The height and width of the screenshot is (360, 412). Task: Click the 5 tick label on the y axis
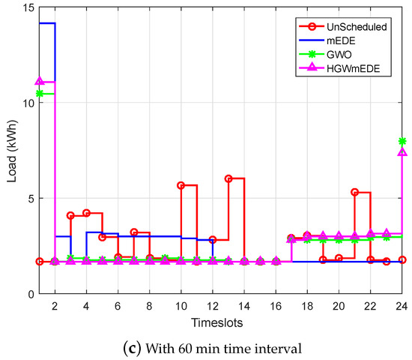point(27,199)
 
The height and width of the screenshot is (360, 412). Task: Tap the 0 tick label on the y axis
point(27,294)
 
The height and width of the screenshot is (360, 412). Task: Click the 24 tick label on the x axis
point(402,306)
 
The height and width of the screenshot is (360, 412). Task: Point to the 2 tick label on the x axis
point(55,306)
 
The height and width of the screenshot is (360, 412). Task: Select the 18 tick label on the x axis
point(307,306)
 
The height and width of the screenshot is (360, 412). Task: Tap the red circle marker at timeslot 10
point(181,185)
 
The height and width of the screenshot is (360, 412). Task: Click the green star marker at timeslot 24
point(402,141)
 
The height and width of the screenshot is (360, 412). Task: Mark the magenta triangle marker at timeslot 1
point(39,81)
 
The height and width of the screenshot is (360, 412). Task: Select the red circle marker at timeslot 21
point(355,192)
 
